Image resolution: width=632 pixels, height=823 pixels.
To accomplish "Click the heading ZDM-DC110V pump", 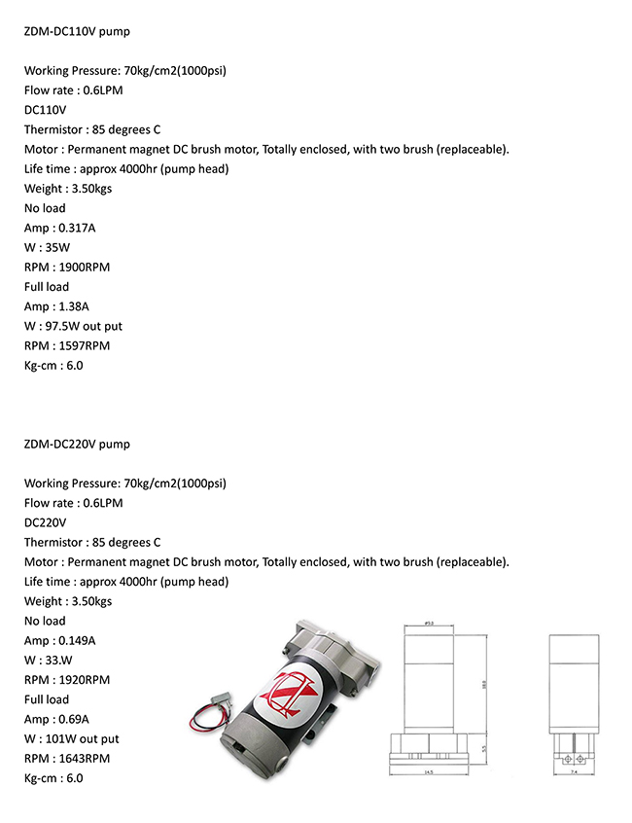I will pos(77,31).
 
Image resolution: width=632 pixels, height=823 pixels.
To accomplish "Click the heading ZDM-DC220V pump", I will pos(77,444).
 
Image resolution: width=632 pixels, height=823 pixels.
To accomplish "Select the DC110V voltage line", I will pos(45,110).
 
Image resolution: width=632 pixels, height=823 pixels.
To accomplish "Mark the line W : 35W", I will pos(47,247).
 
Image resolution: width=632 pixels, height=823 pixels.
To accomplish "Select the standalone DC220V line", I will pos(45,522).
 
